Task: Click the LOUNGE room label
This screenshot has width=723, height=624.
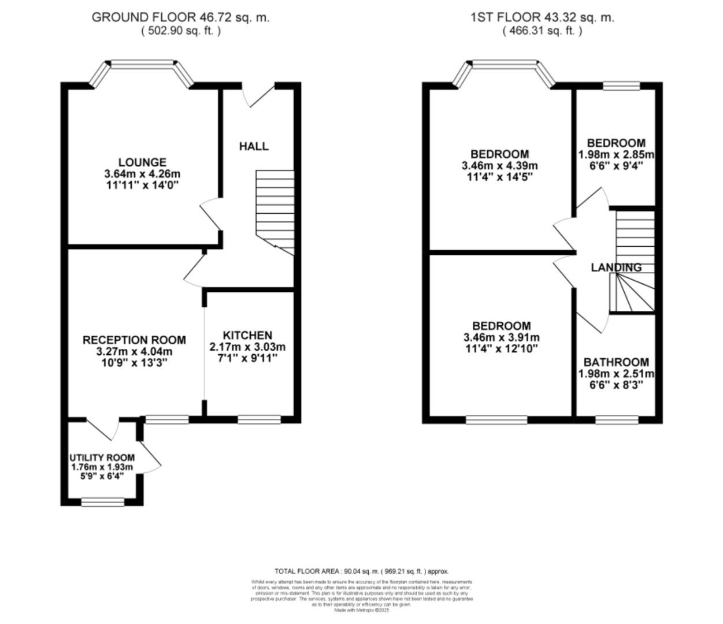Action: (142, 162)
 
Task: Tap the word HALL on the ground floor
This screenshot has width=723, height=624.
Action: (254, 146)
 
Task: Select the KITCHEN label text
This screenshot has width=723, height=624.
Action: (247, 336)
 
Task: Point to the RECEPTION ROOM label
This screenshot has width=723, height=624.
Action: (134, 340)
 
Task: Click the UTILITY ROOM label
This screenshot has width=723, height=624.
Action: (102, 458)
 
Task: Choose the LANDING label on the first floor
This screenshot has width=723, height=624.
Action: (616, 268)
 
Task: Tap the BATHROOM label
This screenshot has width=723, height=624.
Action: (616, 362)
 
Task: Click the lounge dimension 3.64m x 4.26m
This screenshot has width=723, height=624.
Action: (142, 174)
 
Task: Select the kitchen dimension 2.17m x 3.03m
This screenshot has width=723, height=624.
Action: (247, 347)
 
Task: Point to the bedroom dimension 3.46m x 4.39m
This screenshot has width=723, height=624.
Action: (499, 166)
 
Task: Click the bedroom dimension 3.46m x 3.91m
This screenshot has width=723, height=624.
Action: (501, 337)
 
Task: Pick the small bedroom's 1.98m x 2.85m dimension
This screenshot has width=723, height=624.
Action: (616, 155)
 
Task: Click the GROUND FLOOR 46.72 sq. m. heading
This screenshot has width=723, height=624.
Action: (180, 17)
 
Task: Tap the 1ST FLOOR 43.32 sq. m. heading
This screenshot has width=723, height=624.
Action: (542, 17)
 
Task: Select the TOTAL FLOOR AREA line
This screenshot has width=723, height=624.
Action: (362, 571)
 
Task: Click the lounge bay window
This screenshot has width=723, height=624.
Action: (143, 65)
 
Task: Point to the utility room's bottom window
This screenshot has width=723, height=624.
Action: (102, 503)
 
